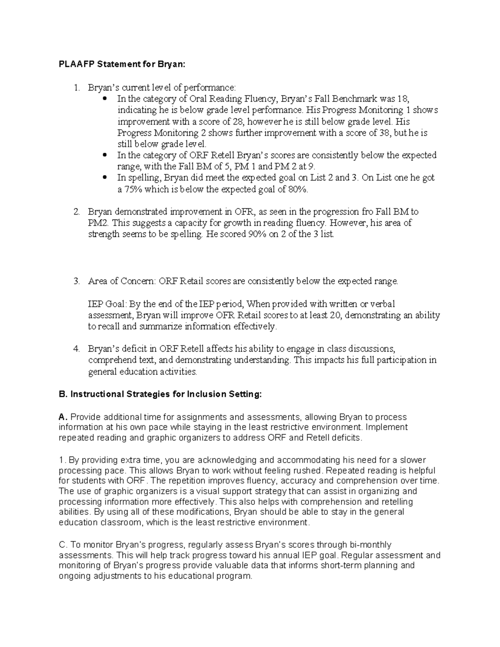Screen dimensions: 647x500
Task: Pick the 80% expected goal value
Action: (299, 189)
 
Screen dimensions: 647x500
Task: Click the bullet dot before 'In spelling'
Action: (105, 177)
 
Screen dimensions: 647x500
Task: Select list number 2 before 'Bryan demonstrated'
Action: (76, 212)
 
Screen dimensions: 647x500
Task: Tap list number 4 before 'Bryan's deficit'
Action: (76, 348)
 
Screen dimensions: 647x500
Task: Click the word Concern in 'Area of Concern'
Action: (137, 281)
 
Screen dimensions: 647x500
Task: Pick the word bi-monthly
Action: (370, 545)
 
